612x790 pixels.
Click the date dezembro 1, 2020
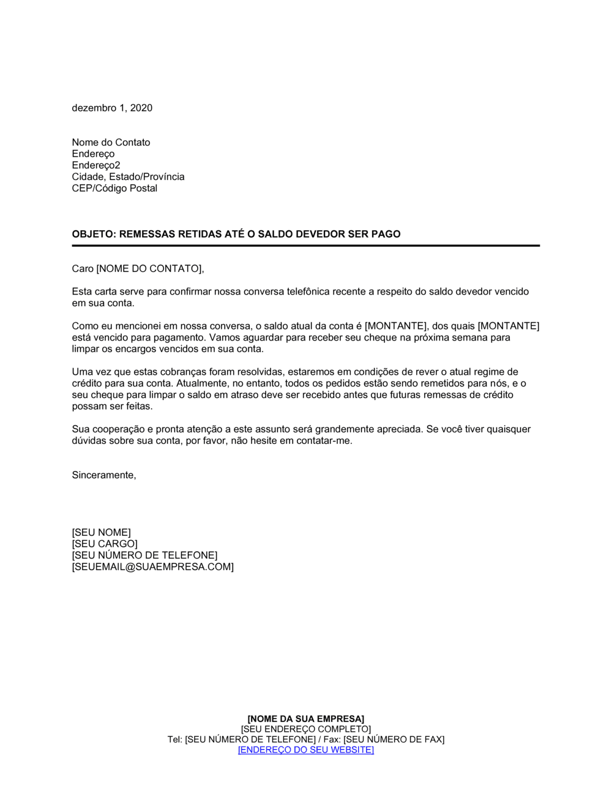coord(112,108)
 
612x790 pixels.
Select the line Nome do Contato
coord(111,142)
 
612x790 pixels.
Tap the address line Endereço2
coord(95,165)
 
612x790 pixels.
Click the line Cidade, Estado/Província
coord(128,177)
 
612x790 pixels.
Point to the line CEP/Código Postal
coord(114,188)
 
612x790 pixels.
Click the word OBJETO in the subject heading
coord(93,234)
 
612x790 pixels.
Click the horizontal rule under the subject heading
coord(305,246)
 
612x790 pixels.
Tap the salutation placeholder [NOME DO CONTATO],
coord(150,268)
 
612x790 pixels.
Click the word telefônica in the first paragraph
coord(310,292)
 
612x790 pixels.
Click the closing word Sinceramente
coord(103,475)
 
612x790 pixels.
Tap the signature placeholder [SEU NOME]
coord(101,532)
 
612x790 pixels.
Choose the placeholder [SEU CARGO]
coord(105,544)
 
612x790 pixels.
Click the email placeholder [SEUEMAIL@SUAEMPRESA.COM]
coord(152,567)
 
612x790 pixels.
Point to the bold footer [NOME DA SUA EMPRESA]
coord(305,718)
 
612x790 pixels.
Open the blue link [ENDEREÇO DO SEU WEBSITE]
coord(305,750)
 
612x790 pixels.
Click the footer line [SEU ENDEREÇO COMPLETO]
coord(305,729)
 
